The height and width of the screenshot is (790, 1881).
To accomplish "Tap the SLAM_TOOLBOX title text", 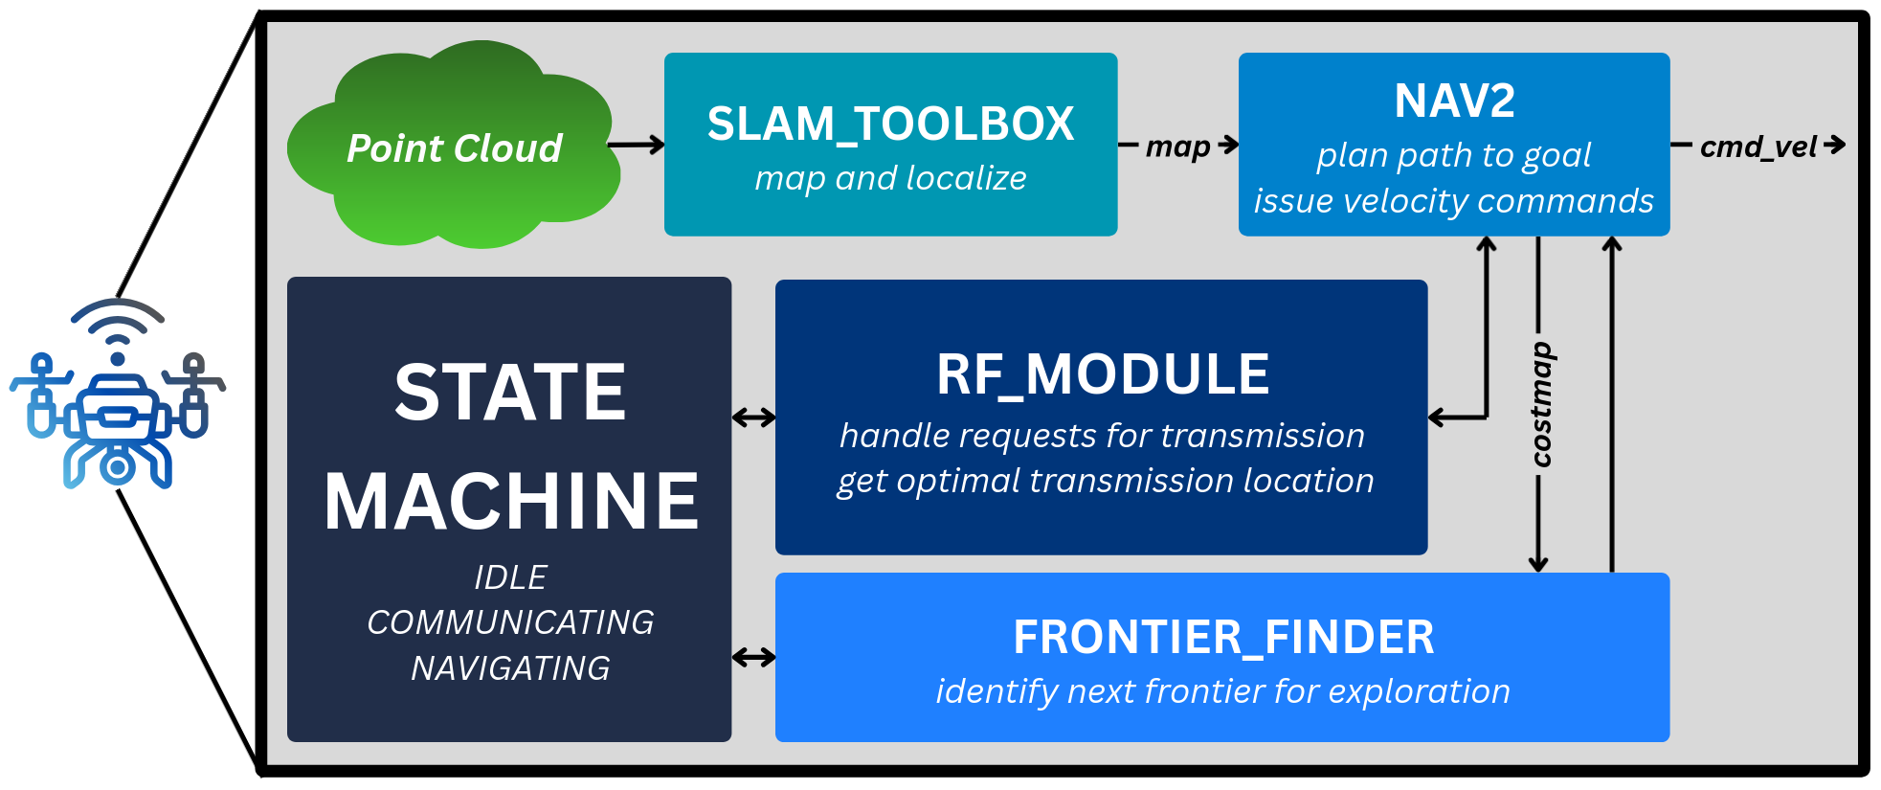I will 890,124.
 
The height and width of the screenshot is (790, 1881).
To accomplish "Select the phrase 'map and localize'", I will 890,178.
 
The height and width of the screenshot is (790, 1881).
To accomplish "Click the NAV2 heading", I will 1454,101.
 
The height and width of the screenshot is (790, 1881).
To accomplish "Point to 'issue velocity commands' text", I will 1453,201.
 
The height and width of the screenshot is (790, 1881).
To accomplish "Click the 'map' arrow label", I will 1178,147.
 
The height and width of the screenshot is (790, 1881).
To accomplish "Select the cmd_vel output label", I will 1758,147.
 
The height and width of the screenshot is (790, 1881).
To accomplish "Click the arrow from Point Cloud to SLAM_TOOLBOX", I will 636,145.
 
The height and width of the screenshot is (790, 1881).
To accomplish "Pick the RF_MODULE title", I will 1103,374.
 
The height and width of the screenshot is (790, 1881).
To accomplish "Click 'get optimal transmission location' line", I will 1105,481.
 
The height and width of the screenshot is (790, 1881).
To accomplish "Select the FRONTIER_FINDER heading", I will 1222,638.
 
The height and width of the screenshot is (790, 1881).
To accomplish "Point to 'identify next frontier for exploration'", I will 1222,691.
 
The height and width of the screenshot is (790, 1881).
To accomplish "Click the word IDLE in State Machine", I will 510,577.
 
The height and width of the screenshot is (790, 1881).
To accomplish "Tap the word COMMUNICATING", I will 510,622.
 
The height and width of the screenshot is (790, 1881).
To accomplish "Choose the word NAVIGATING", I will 510,667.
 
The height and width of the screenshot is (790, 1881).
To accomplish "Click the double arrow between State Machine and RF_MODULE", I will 753,418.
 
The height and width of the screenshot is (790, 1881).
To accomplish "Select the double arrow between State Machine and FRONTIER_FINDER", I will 753,657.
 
